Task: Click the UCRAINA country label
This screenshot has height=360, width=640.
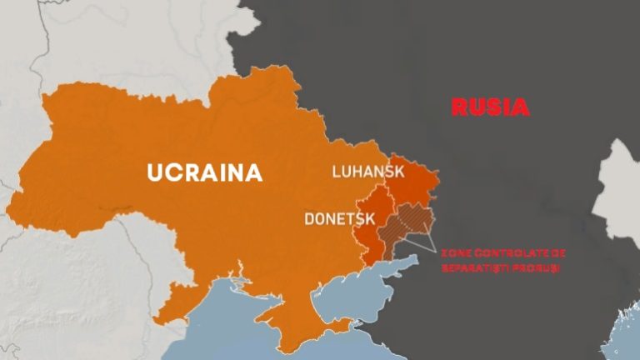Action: point(204,172)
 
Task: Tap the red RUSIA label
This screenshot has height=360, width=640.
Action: point(490,107)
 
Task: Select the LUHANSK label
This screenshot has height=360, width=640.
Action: point(367,172)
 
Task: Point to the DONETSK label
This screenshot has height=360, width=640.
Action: point(339,220)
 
